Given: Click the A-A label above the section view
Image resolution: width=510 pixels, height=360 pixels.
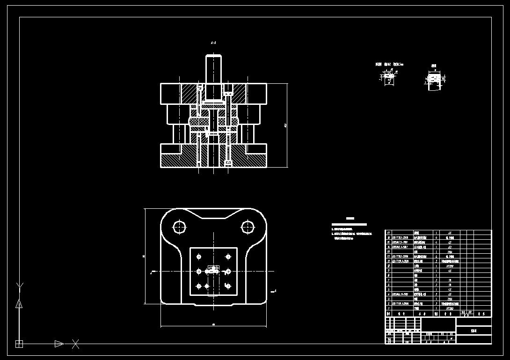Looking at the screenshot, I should pos(213,43).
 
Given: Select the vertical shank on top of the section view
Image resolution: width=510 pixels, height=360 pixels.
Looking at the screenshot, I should pos(213,70).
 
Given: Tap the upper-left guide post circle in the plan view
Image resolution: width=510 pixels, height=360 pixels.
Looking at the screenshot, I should pos(179,227).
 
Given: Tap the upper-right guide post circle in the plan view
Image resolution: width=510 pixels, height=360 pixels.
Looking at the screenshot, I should pos(247,227).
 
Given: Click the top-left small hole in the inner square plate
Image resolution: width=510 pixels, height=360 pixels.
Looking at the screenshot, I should pos(199,257).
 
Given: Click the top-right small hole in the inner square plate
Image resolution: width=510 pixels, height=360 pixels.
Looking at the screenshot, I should pos(228,257).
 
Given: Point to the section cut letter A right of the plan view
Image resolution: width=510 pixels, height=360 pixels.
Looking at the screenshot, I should pos(275,291).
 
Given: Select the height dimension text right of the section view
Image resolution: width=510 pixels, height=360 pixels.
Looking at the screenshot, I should pos(285,125).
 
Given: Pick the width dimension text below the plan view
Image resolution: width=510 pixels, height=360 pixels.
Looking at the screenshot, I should pos(213,324).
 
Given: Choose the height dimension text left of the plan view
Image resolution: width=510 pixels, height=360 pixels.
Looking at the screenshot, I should pos(144,256).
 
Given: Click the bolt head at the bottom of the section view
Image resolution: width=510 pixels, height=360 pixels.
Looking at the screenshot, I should pos(228,162).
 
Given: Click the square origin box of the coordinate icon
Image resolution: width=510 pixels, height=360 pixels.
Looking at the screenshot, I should pos(19,344).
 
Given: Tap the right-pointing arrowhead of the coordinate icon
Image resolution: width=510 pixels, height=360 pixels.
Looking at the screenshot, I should pos(59,344).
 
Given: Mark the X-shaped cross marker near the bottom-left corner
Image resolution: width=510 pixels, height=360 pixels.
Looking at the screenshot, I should pos(75,344).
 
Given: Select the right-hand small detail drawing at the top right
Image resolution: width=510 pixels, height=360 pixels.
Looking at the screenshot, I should pos(435,80).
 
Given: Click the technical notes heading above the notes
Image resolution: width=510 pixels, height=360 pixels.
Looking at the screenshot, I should pos(350,219).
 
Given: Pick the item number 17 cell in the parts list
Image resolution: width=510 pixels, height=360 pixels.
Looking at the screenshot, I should pos(388,233).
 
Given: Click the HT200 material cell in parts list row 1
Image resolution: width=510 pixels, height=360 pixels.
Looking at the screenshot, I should pos(450,309).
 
